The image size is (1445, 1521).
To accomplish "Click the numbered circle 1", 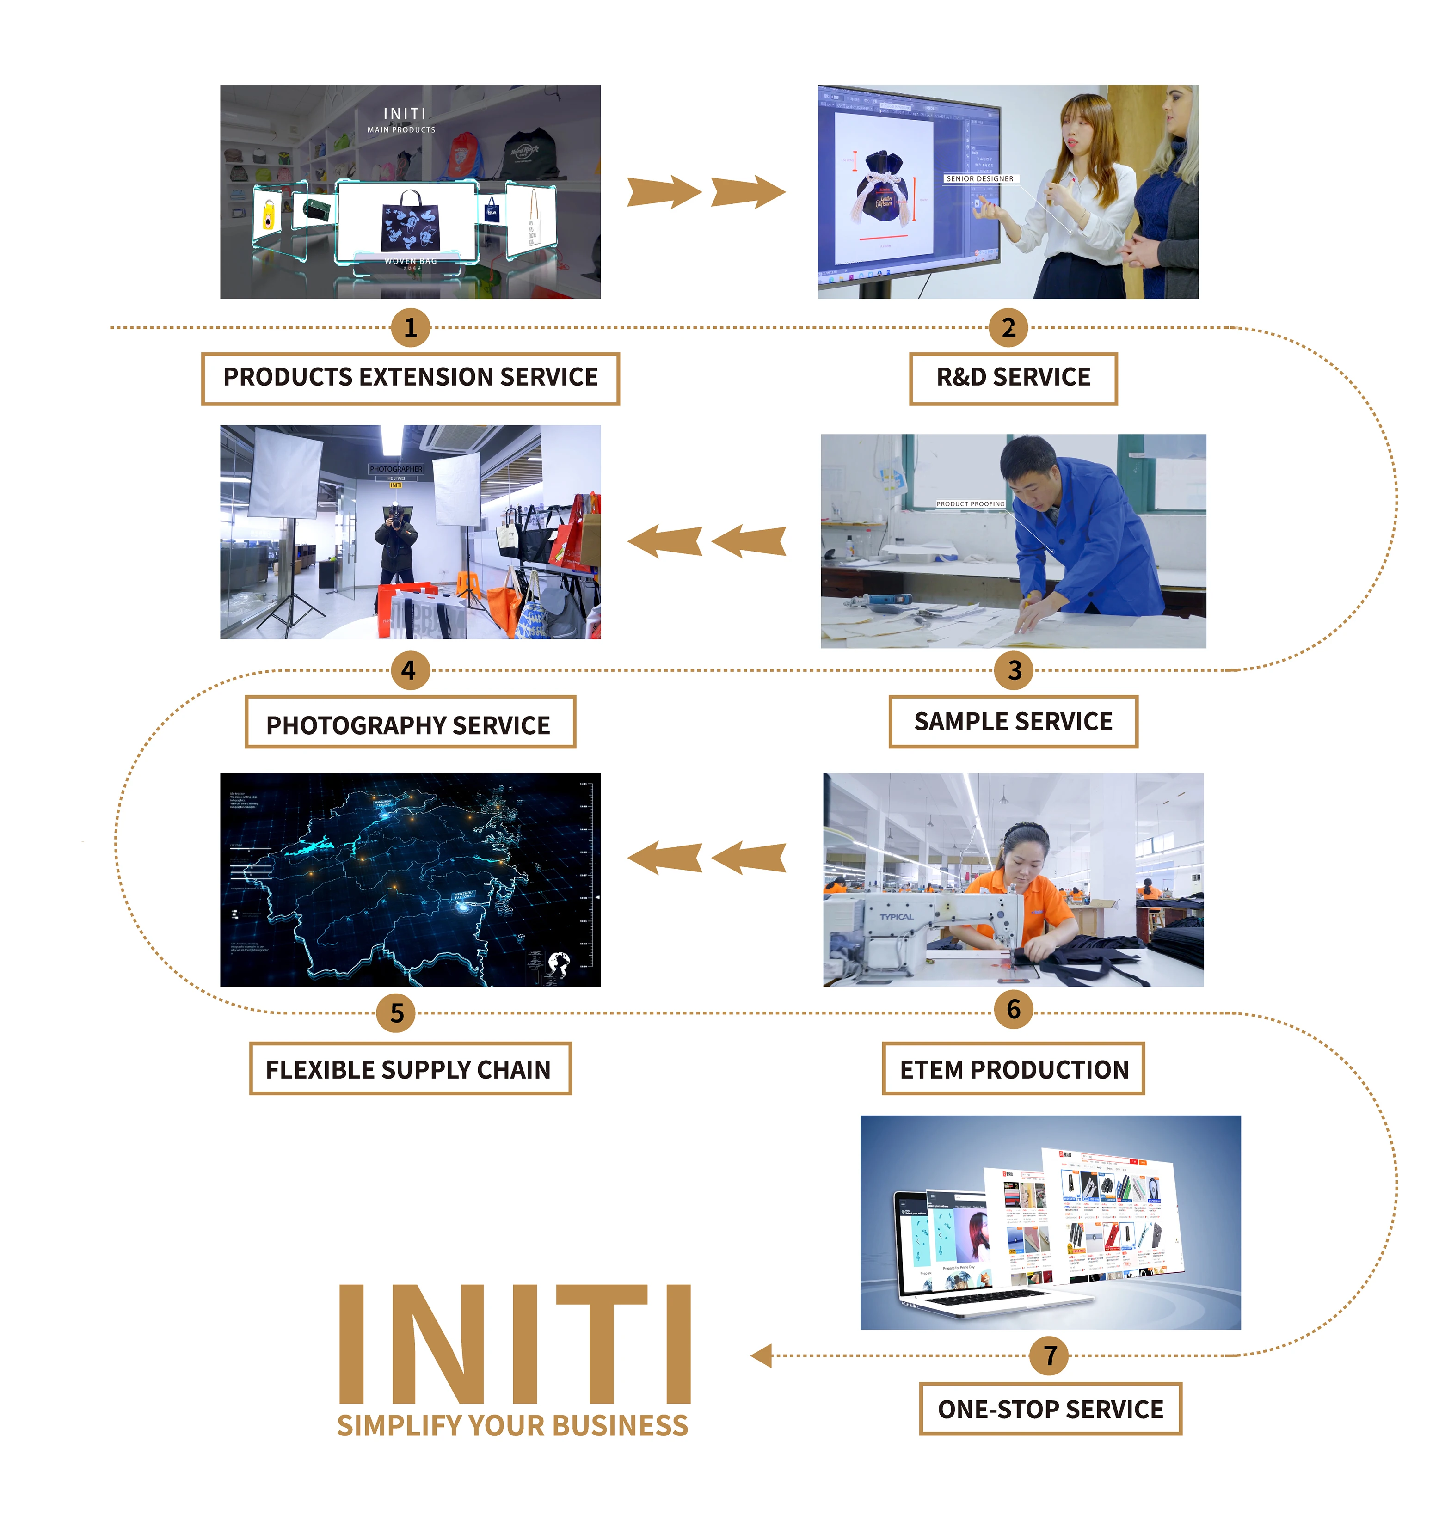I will pos(411,328).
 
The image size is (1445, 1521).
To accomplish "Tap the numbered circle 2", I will pos(1008,328).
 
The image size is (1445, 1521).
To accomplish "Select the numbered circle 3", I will pos(1015,670).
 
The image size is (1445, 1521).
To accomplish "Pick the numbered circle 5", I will pos(397,1013).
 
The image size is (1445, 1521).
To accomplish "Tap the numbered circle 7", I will pos(1049,1355).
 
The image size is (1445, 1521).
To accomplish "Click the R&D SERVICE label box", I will pos(1013,378).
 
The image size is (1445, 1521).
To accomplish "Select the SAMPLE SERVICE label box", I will pos(1013,722).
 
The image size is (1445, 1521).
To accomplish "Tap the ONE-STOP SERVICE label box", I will pos(1050,1409).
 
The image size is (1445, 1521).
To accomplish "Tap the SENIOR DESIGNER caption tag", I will pos(980,178).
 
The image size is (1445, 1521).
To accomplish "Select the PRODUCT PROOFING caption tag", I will pos(971,503).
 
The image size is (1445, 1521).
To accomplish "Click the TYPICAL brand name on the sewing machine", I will pos(897,916).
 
